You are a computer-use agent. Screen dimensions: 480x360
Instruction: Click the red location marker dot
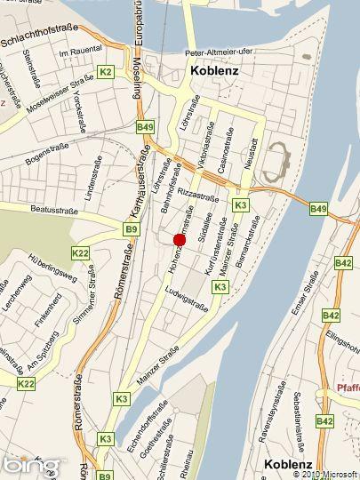(x=179, y=240)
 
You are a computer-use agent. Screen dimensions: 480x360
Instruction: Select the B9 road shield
(x=131, y=229)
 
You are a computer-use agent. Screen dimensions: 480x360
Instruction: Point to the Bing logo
(x=32, y=465)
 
